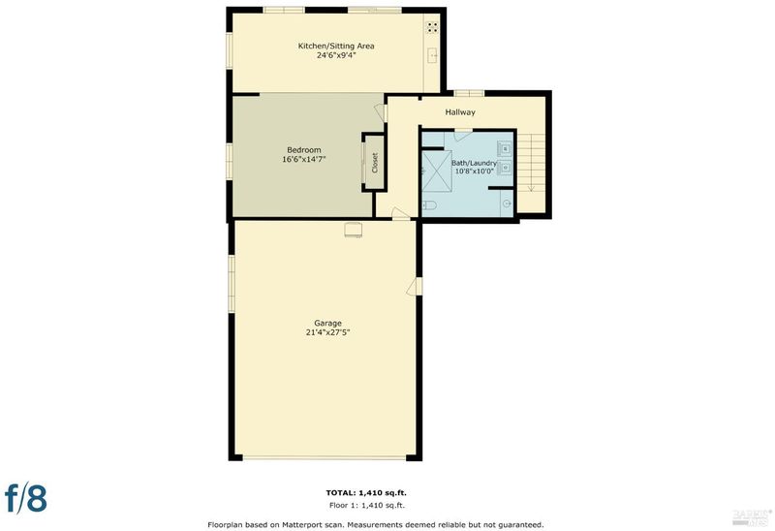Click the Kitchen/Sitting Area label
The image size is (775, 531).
(336, 46)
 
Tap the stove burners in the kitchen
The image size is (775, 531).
(432, 27)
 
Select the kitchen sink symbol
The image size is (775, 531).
(433, 56)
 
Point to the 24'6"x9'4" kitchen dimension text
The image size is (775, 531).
(336, 55)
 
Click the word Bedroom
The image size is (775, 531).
(304, 150)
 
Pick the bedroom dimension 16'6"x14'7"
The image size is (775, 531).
(304, 159)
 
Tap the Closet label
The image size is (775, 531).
(375, 162)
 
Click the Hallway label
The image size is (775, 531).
(460, 112)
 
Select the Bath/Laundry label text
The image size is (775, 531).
(474, 163)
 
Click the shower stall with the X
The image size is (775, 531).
(436, 172)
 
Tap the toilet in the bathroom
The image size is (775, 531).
(428, 205)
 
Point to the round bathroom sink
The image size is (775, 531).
(506, 203)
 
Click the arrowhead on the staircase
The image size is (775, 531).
(531, 188)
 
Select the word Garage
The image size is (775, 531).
(327, 324)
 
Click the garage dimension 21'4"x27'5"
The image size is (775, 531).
(327, 332)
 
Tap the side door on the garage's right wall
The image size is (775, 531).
(415, 287)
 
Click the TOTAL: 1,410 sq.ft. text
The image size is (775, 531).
(366, 492)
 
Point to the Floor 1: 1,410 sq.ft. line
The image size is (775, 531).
(367, 505)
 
